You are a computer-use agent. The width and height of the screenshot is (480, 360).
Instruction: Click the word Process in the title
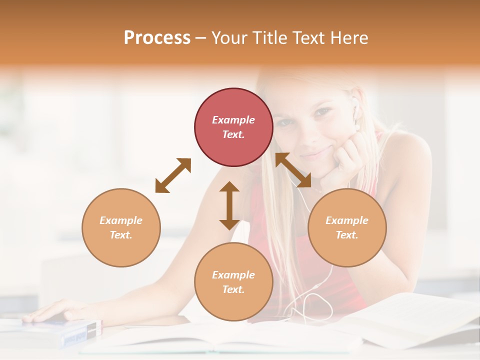157,38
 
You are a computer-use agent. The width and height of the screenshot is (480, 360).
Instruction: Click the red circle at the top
233,127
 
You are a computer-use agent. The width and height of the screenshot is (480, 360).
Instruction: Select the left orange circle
121,227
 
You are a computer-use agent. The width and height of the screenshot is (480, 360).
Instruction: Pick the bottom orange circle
233,282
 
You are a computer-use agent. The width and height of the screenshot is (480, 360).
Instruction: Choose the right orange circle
347,227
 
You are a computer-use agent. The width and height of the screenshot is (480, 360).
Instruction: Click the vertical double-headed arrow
229,205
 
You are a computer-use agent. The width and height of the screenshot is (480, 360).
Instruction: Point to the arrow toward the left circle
173,175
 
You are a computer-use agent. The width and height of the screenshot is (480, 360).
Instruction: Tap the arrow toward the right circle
293,170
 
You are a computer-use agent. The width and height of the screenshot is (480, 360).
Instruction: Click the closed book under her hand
75,332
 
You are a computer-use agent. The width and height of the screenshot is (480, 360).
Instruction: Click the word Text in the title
307,38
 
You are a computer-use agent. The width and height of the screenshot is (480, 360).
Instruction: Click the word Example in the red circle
233,120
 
